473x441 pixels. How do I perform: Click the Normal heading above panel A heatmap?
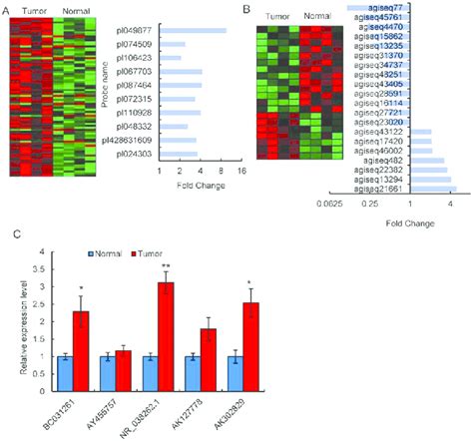(x=70, y=12)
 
